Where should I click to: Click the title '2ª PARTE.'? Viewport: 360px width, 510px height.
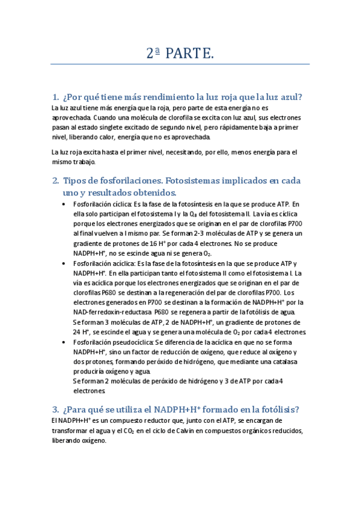(180, 54)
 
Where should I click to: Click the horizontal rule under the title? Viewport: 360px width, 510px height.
(180, 64)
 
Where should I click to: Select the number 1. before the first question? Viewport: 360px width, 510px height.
(55, 97)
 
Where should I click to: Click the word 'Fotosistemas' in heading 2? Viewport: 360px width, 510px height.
(179, 180)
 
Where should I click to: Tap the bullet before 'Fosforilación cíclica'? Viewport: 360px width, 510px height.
(65, 204)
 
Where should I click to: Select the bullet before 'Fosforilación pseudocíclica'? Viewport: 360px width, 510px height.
(65, 342)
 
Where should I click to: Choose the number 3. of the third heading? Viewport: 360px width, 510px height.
(55, 410)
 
